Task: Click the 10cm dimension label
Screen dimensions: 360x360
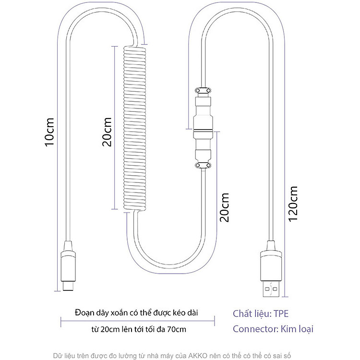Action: [x=49, y=132]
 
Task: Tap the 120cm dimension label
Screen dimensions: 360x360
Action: [x=293, y=204]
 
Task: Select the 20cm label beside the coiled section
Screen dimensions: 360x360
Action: [x=107, y=132]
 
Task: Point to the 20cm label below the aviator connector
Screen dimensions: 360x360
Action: [x=224, y=207]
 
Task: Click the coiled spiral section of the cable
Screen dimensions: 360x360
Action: [x=135, y=129]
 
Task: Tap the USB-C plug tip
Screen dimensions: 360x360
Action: [x=68, y=286]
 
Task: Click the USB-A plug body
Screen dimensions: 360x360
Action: [x=271, y=266]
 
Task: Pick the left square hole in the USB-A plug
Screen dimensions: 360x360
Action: [x=267, y=289]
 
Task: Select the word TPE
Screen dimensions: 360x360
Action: [x=281, y=313]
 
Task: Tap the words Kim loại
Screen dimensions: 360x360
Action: [x=297, y=329]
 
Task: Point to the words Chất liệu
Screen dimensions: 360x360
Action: [x=252, y=314]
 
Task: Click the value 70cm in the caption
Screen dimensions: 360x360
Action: [x=176, y=329]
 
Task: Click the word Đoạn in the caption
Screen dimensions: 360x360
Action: [x=81, y=312]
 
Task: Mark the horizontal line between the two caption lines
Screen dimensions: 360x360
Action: [x=138, y=321]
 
